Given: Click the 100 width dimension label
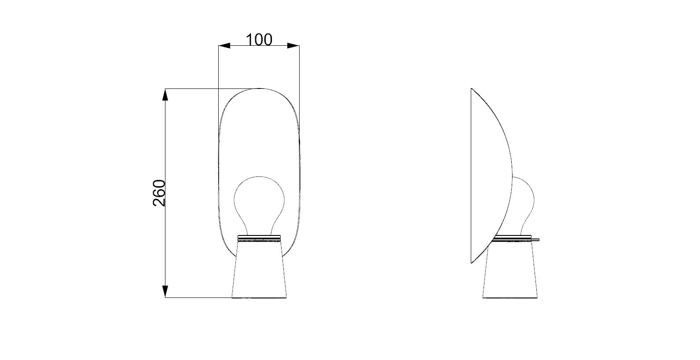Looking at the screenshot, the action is click(x=259, y=40).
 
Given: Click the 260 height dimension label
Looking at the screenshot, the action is click(x=159, y=193).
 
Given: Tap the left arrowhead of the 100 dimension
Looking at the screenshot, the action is click(x=224, y=46).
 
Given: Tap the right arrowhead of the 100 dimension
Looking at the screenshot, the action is click(x=293, y=46).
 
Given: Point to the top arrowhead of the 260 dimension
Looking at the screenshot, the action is click(x=165, y=95).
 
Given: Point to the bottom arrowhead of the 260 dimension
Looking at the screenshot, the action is click(x=165, y=291).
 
